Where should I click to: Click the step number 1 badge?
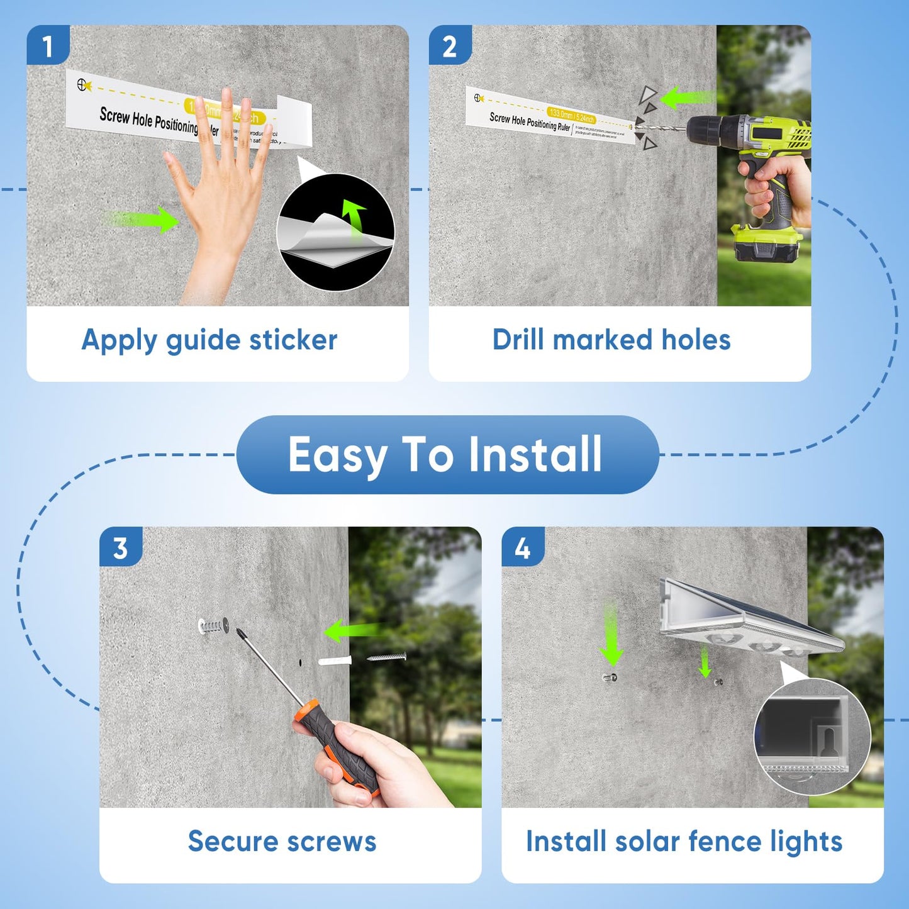tap(48, 45)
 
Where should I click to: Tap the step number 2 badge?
tap(450, 45)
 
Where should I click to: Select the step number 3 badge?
tap(121, 547)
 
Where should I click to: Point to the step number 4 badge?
tap(523, 547)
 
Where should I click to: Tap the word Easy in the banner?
tap(337, 454)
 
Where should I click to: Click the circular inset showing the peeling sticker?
tap(336, 233)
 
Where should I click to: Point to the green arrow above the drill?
tap(688, 98)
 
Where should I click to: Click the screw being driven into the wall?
tap(213, 626)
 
